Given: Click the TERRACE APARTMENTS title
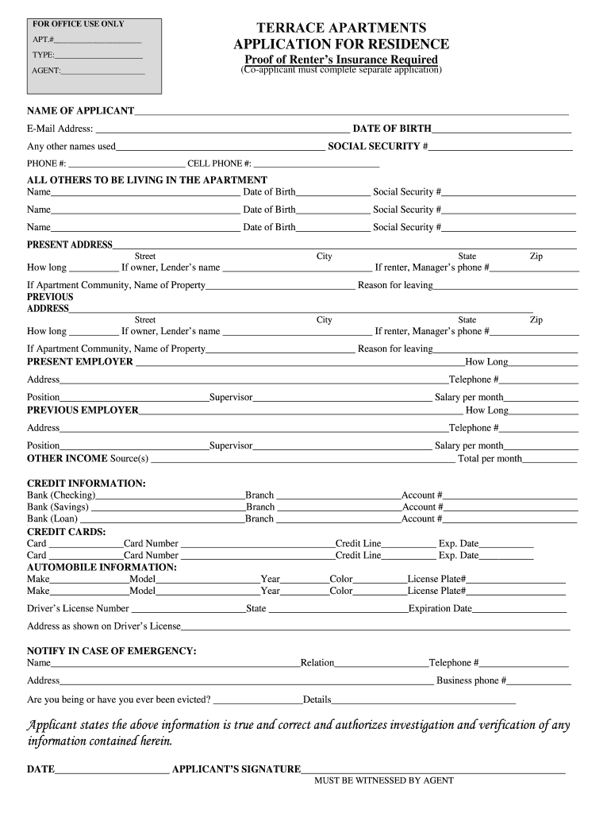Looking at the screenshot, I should (341, 28).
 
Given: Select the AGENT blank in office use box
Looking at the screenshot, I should (103, 72).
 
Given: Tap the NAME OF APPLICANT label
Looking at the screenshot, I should (80, 110).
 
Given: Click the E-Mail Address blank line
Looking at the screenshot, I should (222, 129).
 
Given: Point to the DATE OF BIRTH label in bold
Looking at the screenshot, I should (392, 129).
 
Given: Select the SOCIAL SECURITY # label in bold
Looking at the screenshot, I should (379, 146).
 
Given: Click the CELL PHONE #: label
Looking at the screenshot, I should (219, 164).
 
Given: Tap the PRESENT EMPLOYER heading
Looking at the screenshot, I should (80, 361).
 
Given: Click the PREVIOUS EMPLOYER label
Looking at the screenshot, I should (83, 410).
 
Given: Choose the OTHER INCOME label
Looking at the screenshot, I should (67, 458).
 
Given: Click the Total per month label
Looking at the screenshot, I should (490, 459).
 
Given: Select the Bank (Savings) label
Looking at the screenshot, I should (58, 507).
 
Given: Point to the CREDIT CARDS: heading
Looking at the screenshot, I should (67, 531).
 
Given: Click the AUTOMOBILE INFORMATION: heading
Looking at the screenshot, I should (102, 567).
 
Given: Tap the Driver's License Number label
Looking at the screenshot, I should (78, 608).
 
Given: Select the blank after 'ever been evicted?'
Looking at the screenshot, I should (258, 699).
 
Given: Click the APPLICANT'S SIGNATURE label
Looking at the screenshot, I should (236, 769).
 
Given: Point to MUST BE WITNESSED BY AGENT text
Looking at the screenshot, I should (384, 780).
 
